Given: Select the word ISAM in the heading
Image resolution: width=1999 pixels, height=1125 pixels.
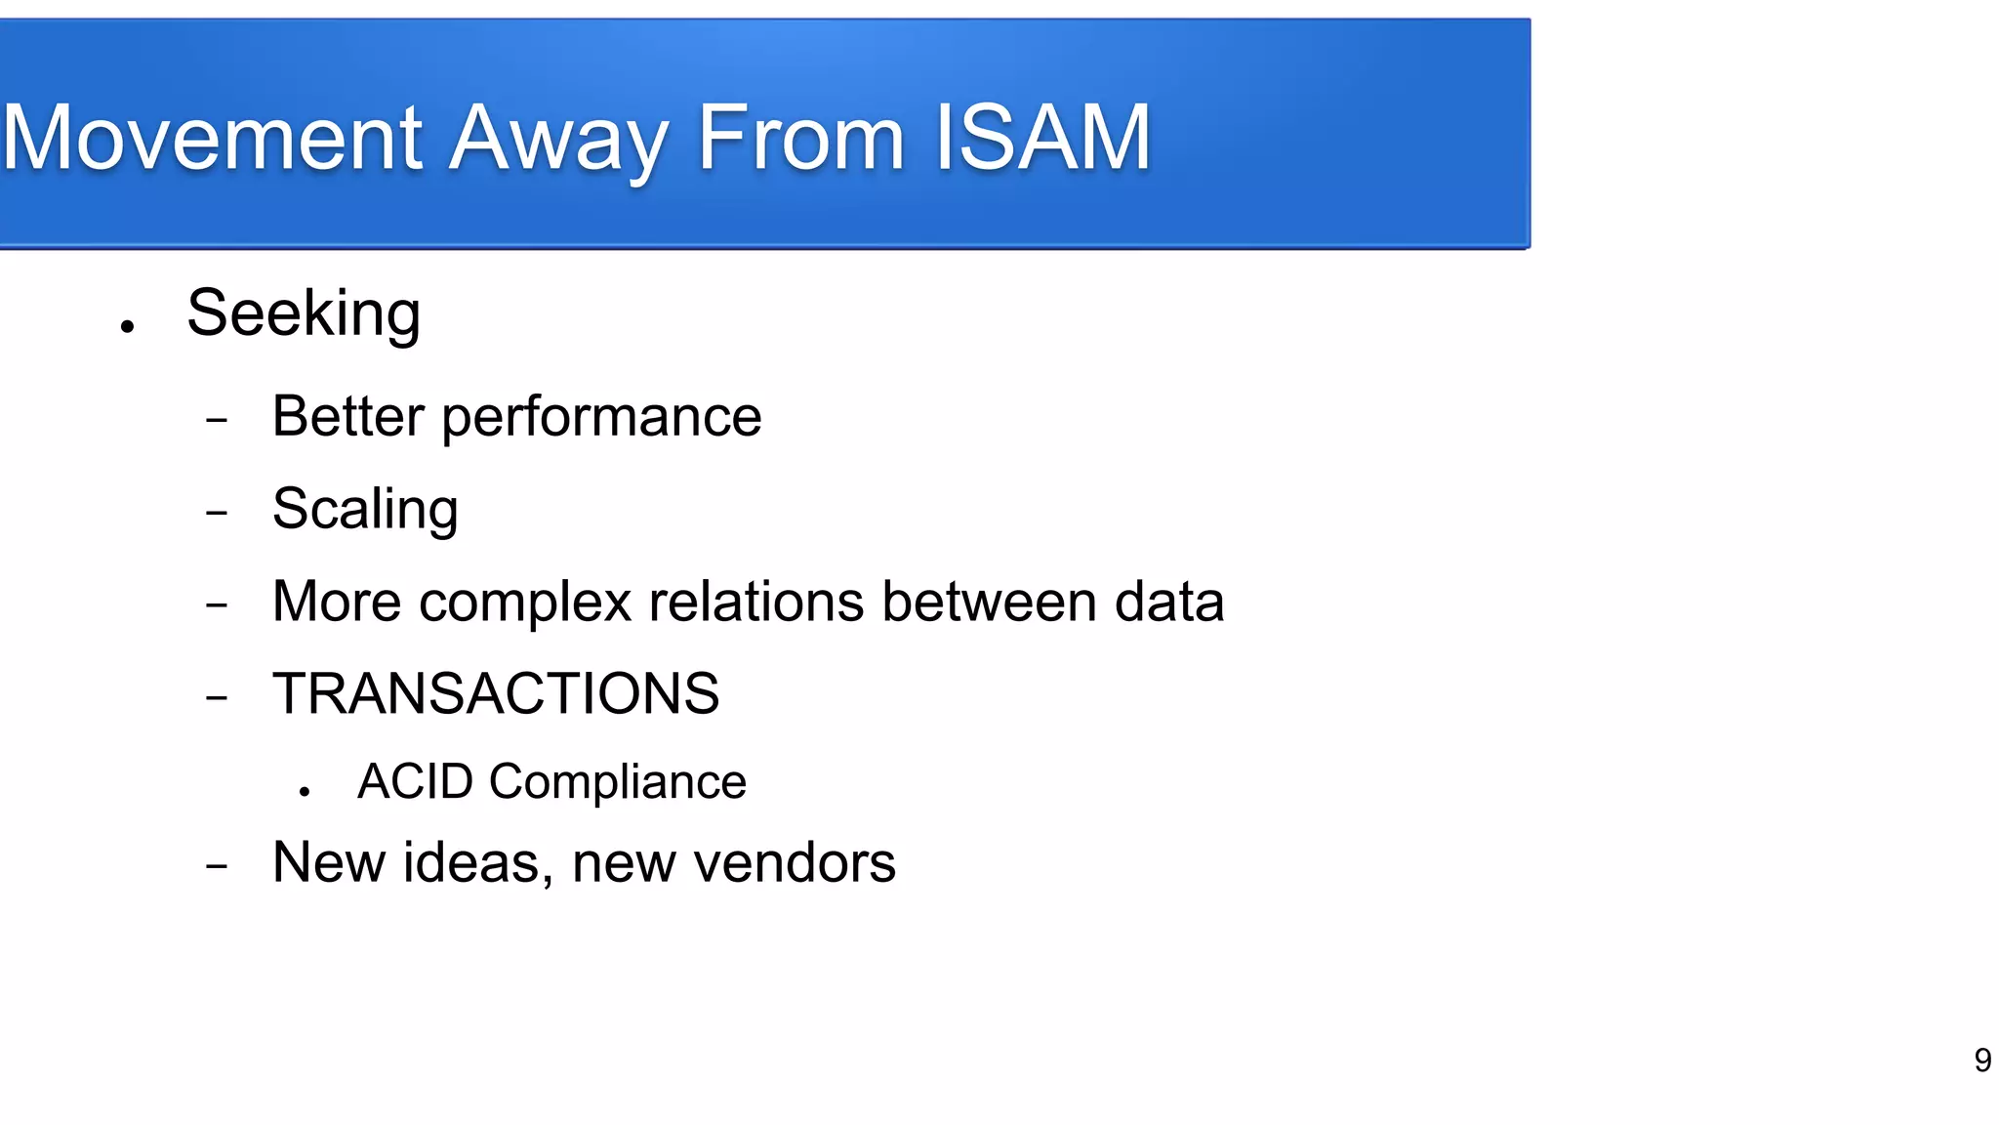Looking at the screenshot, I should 1042,139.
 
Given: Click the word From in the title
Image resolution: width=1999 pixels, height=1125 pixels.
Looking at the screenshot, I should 800,139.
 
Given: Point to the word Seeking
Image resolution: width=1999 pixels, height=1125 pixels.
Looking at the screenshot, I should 304,314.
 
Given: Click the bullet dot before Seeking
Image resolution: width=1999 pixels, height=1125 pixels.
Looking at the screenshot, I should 127,327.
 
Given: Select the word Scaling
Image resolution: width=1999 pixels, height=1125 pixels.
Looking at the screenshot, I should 365,510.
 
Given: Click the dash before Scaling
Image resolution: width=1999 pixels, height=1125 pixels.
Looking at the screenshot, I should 217,512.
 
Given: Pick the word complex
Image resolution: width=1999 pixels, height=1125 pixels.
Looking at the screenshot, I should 525,603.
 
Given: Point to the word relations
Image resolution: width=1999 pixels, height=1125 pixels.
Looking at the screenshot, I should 756,602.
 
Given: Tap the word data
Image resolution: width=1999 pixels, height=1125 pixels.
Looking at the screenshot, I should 1169,602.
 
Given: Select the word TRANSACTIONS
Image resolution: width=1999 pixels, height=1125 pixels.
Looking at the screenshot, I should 496,694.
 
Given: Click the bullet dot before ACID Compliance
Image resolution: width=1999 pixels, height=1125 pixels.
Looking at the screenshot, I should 306,792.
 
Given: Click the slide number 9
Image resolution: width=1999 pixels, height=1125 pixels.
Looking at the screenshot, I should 1982,1061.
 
